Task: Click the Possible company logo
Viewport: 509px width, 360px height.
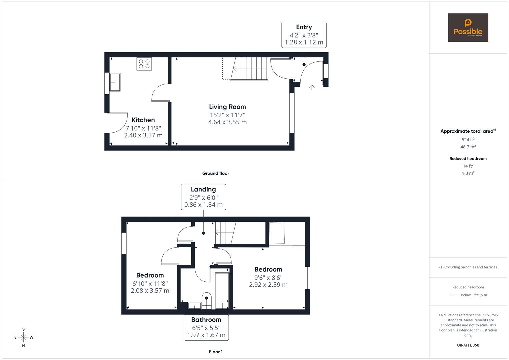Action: [x=468, y=27]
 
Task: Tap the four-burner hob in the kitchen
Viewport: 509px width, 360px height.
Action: [x=144, y=64]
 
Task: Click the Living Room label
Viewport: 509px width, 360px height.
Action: [x=227, y=107]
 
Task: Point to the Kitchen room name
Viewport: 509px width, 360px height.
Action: [x=143, y=120]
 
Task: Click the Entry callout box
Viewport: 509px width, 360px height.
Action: [x=304, y=35]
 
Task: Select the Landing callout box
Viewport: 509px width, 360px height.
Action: [x=203, y=197]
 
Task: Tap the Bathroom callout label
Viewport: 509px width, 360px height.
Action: [x=206, y=327]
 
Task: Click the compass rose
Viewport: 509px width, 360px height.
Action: [x=23, y=337]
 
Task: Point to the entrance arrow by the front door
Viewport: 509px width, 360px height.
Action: [x=312, y=87]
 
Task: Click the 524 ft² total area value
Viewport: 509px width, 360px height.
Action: [x=468, y=140]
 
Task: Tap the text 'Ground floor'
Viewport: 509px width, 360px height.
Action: [x=215, y=173]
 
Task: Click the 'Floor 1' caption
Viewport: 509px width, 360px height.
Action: [x=215, y=352]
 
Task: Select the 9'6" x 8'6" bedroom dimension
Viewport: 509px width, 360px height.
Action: [x=268, y=277]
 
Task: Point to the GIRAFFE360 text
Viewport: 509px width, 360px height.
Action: [x=468, y=345]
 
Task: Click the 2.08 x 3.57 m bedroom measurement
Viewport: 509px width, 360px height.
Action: [x=150, y=291]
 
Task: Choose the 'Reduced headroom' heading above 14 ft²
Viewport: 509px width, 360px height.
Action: [x=468, y=159]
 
